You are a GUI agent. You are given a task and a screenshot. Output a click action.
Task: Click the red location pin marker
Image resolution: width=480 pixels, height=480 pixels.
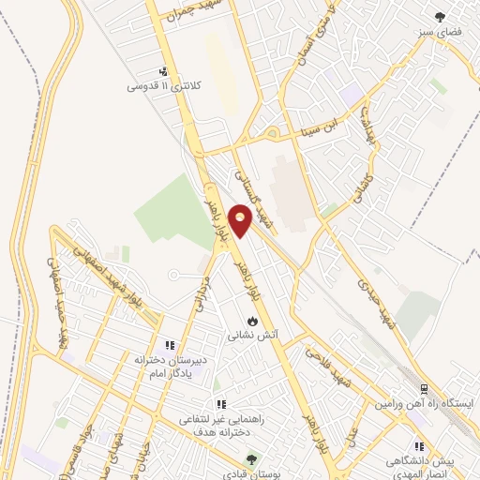pos(241,221)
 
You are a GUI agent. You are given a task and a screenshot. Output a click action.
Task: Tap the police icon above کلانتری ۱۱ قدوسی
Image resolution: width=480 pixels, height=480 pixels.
pos(165,71)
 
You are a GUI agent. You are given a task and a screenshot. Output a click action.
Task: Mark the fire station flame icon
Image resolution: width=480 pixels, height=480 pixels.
pos(251,321)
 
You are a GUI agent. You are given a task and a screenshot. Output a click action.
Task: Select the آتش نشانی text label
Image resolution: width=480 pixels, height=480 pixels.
pos(250,335)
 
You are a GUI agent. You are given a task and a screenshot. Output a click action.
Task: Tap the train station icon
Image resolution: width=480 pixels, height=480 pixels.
pos(423,388)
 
